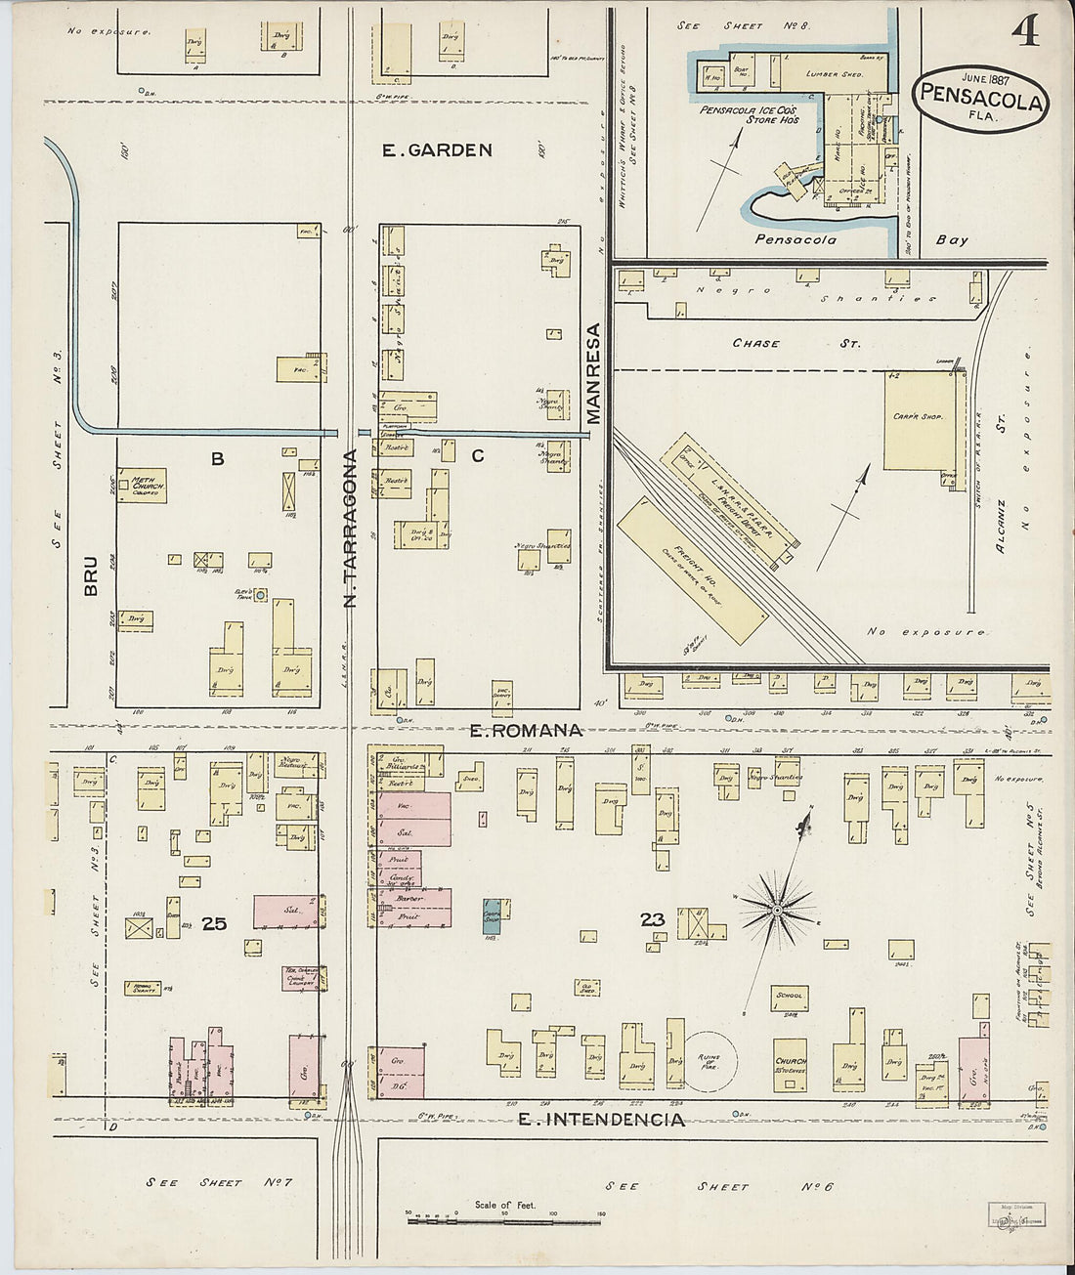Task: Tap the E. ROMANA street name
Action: [526, 730]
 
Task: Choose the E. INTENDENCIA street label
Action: [600, 1120]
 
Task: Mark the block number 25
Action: [213, 921]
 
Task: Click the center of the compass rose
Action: [775, 911]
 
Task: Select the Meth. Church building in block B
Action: [144, 486]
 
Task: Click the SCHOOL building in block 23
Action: [788, 997]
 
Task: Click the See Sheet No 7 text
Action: [220, 1183]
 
